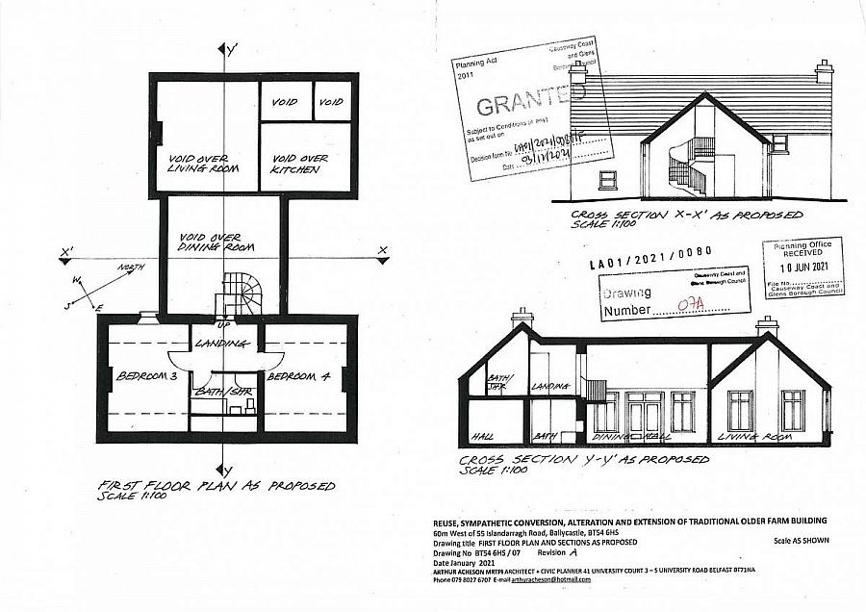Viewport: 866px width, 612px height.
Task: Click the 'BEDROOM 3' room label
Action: (x=140, y=376)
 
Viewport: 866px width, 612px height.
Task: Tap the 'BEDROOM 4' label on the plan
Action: (x=298, y=376)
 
